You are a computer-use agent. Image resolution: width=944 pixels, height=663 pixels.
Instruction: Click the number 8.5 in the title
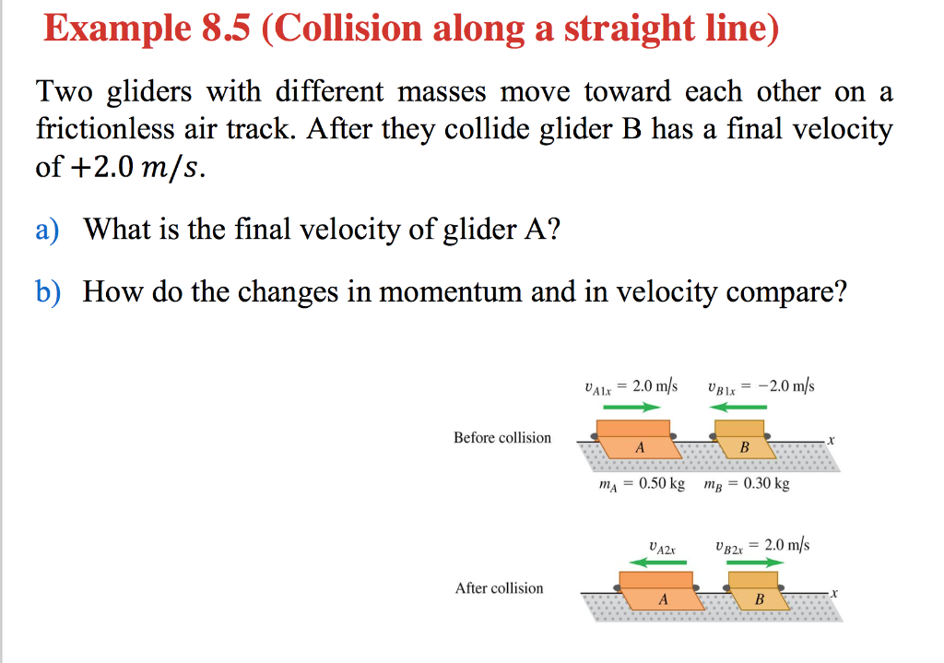221,30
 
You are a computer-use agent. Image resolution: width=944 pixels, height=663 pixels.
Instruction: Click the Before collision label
501,437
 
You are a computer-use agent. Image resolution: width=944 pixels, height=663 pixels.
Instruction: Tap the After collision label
499,588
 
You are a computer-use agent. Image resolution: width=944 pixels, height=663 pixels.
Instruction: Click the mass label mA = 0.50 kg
642,484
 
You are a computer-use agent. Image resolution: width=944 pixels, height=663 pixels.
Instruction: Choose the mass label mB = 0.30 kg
746,484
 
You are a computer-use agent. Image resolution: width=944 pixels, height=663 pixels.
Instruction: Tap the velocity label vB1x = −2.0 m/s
760,386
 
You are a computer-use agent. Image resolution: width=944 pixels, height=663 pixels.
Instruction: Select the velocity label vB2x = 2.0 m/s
761,545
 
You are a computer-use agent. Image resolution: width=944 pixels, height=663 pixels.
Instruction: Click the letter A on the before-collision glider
639,447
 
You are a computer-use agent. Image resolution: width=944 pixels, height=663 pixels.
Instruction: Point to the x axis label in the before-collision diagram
831,440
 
